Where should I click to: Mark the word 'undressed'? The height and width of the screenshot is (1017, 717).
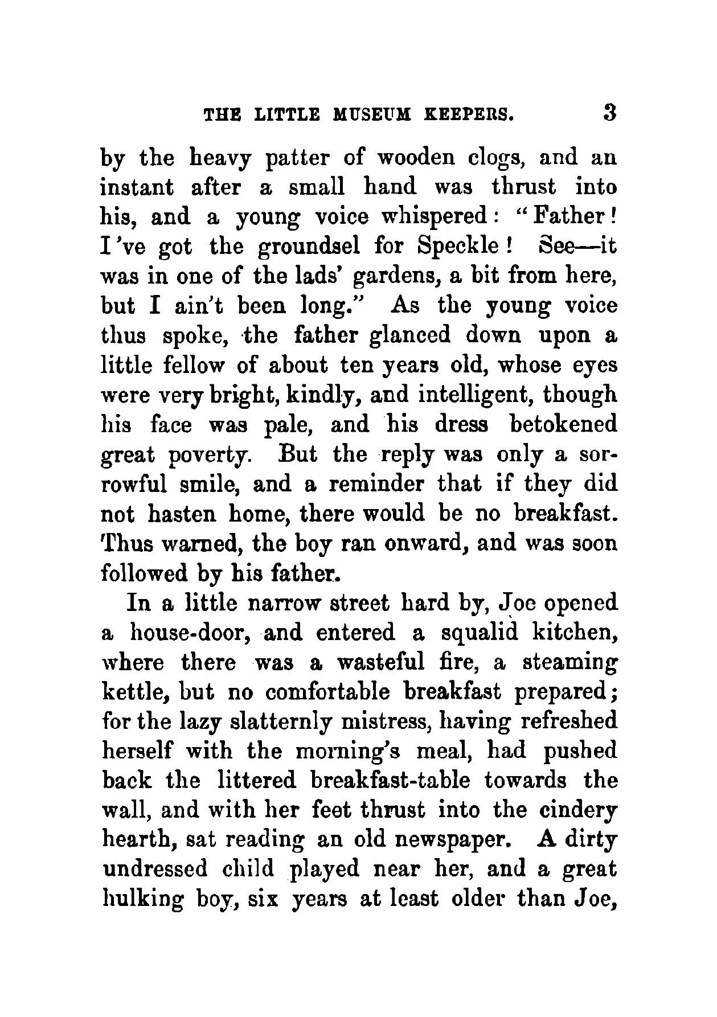coord(150,870)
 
